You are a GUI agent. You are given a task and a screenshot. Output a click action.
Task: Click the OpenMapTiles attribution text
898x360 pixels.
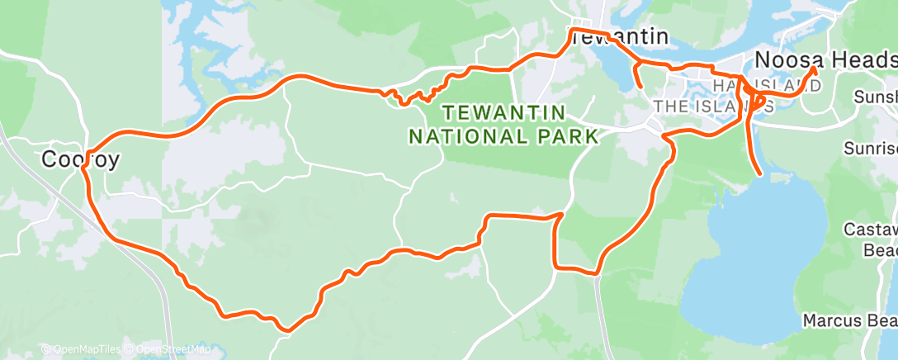[x=80, y=349]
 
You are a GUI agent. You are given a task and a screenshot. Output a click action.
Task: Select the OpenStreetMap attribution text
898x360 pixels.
[x=168, y=349]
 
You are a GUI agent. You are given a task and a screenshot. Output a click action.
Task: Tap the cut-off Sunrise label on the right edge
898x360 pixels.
[x=871, y=149]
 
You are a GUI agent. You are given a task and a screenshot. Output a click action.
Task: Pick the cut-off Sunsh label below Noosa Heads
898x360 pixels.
[x=875, y=97]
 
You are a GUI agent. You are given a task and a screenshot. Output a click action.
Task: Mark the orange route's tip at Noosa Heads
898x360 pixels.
[x=815, y=69]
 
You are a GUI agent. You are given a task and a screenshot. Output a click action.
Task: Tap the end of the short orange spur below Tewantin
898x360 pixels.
[x=640, y=86]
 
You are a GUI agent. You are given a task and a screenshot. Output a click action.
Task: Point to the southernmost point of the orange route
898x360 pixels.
[x=286, y=330]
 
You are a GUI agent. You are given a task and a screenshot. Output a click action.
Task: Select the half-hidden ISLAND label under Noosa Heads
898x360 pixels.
[x=776, y=86]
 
